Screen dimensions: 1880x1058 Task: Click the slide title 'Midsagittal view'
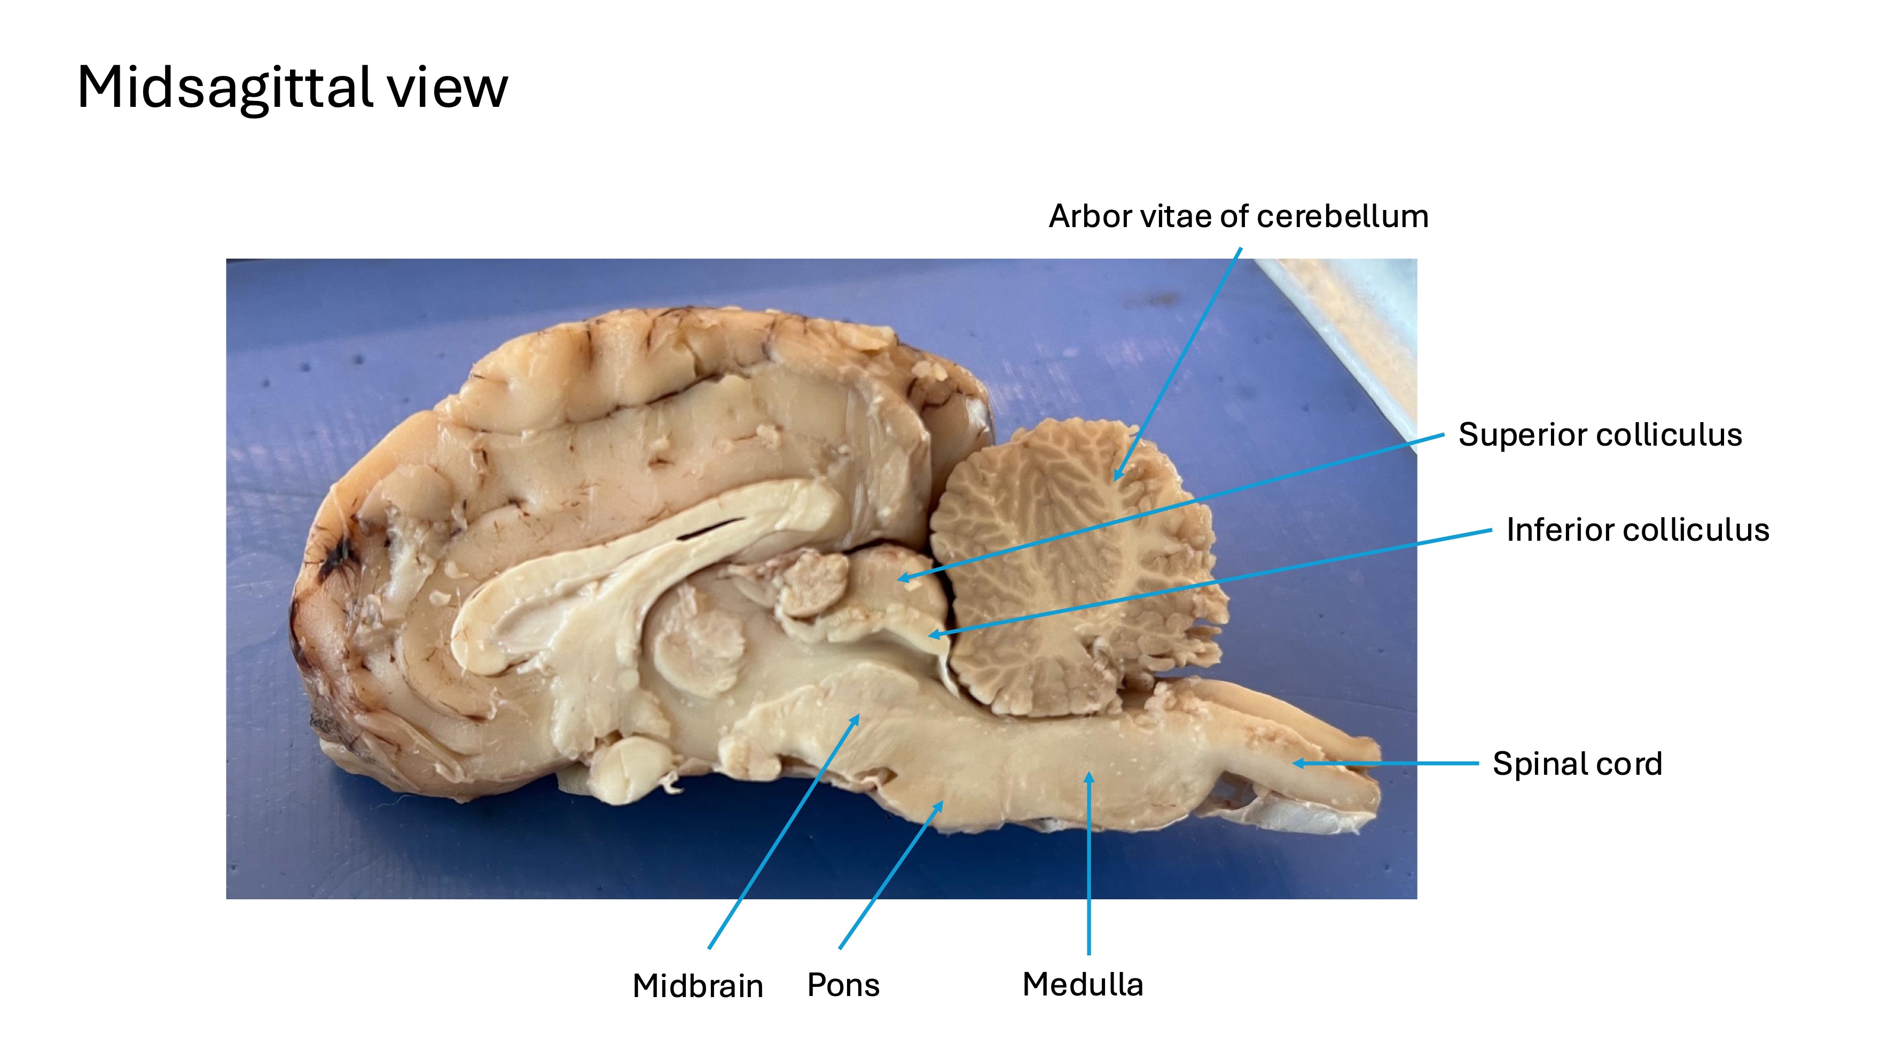[x=292, y=88]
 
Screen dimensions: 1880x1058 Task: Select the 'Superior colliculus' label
[x=1600, y=435]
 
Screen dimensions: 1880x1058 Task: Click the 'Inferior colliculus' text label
[x=1638, y=530]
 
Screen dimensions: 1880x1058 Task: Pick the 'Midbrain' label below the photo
[x=698, y=986]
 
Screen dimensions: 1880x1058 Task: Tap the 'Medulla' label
[x=1082, y=984]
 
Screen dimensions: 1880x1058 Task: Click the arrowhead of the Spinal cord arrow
[x=1298, y=764]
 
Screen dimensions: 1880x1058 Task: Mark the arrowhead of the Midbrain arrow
[x=857, y=719]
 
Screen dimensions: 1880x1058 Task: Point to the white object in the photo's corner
[x=1350, y=329]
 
